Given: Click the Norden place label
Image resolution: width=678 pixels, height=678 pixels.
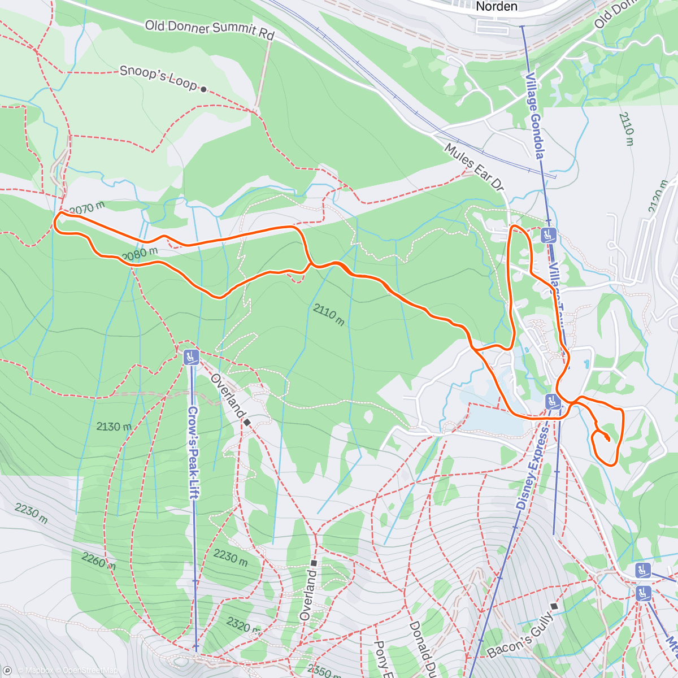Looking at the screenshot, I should (497, 7).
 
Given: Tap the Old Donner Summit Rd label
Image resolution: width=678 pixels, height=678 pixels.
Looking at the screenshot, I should (209, 29).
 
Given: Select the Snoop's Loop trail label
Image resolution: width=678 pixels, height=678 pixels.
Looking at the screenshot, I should (158, 78).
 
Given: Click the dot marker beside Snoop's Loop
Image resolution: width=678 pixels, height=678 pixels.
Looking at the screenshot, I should (203, 89).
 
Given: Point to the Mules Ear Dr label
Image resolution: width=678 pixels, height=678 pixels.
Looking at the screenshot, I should (473, 167).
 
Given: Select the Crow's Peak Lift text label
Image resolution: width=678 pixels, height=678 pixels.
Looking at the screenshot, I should (193, 452).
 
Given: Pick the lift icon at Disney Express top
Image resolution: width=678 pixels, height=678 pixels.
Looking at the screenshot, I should (552, 402).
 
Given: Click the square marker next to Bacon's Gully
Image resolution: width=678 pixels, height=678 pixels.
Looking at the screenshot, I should (554, 606).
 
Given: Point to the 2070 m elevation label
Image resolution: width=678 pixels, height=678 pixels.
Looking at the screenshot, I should (88, 208).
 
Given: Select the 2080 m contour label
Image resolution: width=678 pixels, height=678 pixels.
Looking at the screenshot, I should (139, 255).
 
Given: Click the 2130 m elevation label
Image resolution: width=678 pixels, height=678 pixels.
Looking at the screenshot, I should (114, 426).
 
